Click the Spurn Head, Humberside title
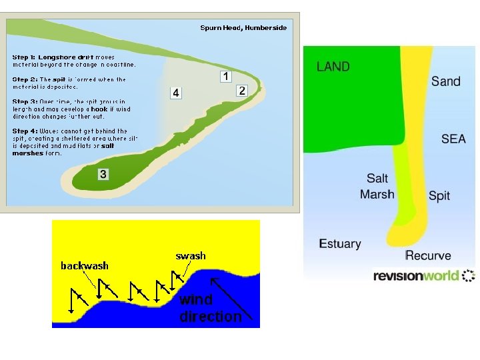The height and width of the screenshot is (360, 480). pyautogui.click(x=243, y=27)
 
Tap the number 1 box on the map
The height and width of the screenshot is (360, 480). pyautogui.click(x=225, y=76)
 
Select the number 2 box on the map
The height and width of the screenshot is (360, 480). pyautogui.click(x=242, y=90)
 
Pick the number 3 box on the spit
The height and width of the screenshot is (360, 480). pyautogui.click(x=103, y=174)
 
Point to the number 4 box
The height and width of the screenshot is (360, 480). pyautogui.click(x=175, y=93)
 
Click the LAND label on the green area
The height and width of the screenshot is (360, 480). pyautogui.click(x=333, y=66)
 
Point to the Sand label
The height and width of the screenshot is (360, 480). pyautogui.click(x=445, y=81)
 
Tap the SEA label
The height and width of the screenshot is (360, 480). pyautogui.click(x=453, y=139)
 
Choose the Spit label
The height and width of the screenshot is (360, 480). pyautogui.click(x=439, y=195)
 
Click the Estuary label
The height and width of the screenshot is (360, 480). pyautogui.click(x=340, y=243)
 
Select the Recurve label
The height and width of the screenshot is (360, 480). pyautogui.click(x=428, y=255)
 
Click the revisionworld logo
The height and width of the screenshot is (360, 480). pyautogui.click(x=423, y=275)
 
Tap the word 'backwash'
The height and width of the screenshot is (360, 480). pyautogui.click(x=85, y=265)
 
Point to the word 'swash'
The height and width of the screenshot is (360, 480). pyautogui.click(x=191, y=255)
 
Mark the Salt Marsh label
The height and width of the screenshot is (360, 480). pyautogui.click(x=377, y=187)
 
